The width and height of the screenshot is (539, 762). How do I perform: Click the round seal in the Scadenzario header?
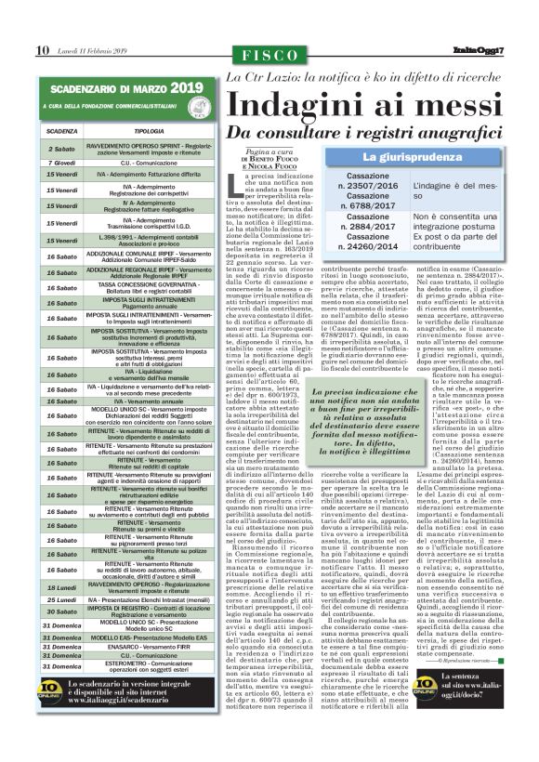point(204,111)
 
